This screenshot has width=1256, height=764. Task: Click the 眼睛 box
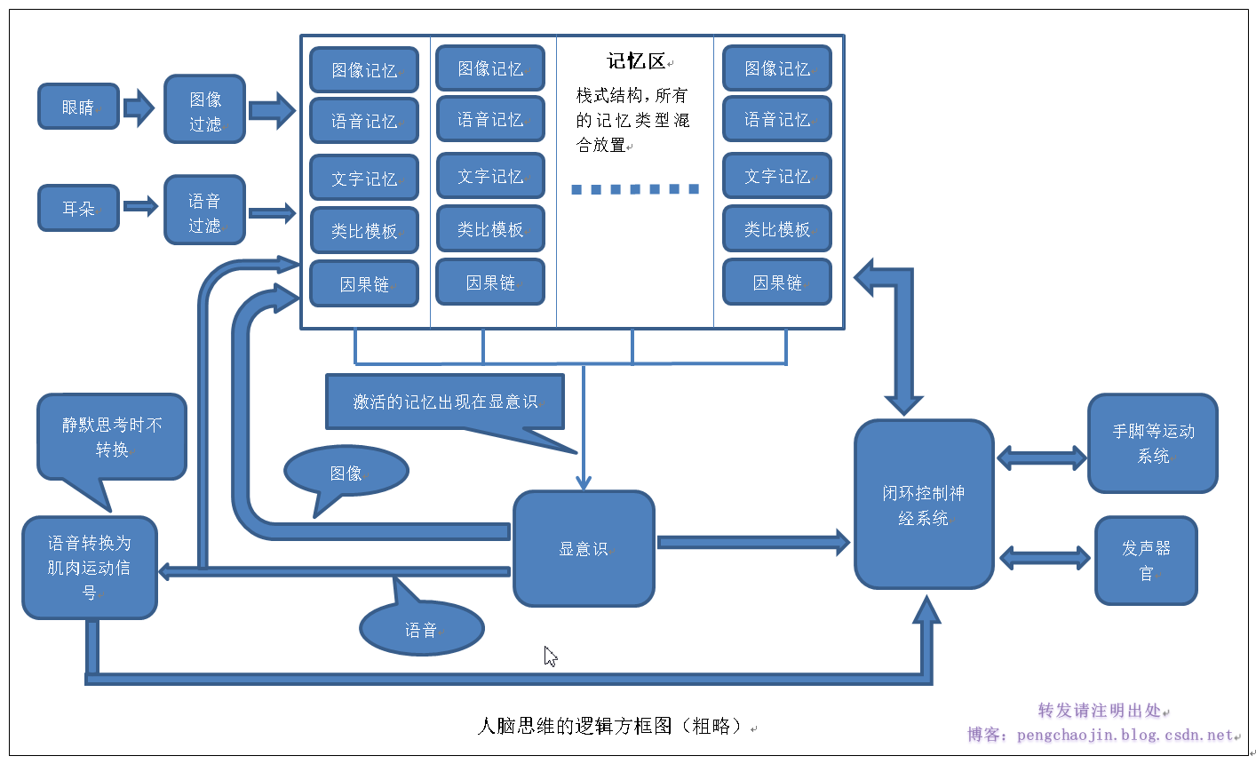(78, 107)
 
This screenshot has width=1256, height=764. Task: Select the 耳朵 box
(78, 208)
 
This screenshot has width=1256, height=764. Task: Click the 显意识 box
(584, 549)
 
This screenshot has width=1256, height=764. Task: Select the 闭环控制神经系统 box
(923, 505)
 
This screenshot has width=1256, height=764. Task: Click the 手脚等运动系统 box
(1152, 443)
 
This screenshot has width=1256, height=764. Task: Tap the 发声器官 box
(1146, 561)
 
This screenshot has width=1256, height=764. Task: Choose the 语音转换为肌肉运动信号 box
(89, 567)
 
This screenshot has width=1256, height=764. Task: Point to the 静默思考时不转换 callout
(112, 437)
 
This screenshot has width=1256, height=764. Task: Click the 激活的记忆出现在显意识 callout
(445, 402)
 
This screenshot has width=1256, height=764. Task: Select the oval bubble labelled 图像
(346, 473)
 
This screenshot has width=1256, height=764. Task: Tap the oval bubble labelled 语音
(421, 629)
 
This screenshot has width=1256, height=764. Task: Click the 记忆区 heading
(636, 61)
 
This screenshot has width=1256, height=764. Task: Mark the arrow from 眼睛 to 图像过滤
(139, 107)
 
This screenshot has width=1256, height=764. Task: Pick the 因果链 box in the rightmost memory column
(777, 283)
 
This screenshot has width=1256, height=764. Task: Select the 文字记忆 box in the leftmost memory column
(364, 178)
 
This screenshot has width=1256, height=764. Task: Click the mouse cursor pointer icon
(550, 656)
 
